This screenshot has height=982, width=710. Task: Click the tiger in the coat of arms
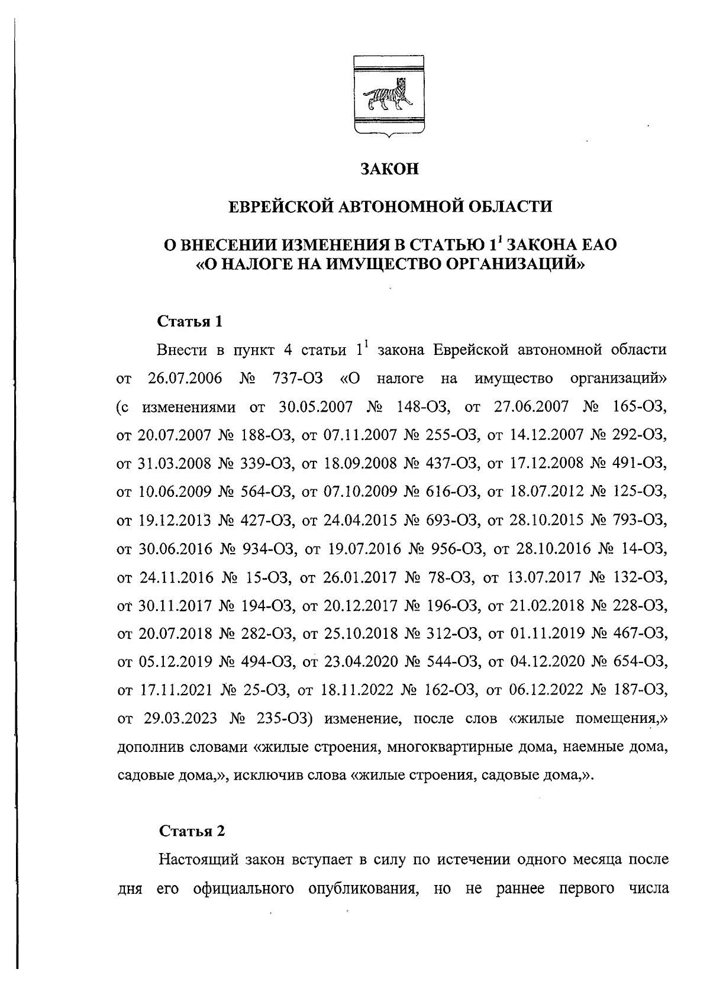[388, 98]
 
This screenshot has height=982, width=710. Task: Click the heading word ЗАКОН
[390, 170]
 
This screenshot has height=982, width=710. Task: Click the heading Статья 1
[191, 322]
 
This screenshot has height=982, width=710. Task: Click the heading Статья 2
[192, 831]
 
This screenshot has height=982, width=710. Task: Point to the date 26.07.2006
[185, 379]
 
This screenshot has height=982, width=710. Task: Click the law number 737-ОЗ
[297, 379]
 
